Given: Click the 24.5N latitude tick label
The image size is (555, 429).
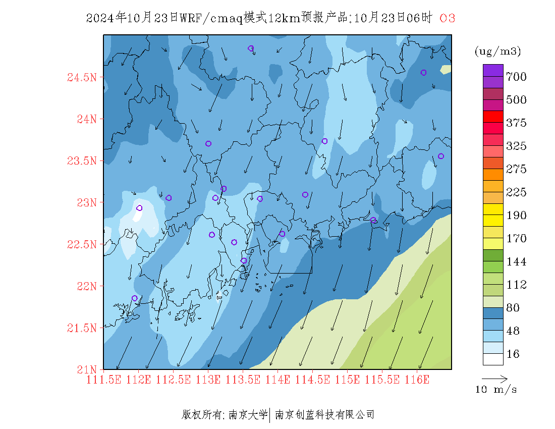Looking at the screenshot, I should point(81,78).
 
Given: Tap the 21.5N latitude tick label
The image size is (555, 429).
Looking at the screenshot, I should point(81,328).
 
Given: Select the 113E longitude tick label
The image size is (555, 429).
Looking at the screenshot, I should point(208,380).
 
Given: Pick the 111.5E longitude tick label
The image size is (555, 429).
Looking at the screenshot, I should point(104,380).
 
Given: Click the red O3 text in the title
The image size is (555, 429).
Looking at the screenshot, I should point(448,19).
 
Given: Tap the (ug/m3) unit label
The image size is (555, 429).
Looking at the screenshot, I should point(497,51).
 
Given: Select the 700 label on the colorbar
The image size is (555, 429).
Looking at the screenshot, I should point(516,77).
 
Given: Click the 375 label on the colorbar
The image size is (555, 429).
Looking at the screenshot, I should point(516,123).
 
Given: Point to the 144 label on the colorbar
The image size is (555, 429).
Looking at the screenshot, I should point(516,262).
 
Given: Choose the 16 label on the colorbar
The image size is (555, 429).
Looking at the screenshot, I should point(513,354).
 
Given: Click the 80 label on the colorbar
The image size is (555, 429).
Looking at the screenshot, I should point(513,308).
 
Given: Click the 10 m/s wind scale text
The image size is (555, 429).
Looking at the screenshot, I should point(496,390).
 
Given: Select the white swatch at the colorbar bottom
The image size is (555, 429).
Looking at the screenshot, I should point(493,359).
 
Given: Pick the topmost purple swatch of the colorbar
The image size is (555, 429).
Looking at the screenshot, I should point(493,70).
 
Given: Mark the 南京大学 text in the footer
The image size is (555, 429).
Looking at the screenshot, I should point(248,415).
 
